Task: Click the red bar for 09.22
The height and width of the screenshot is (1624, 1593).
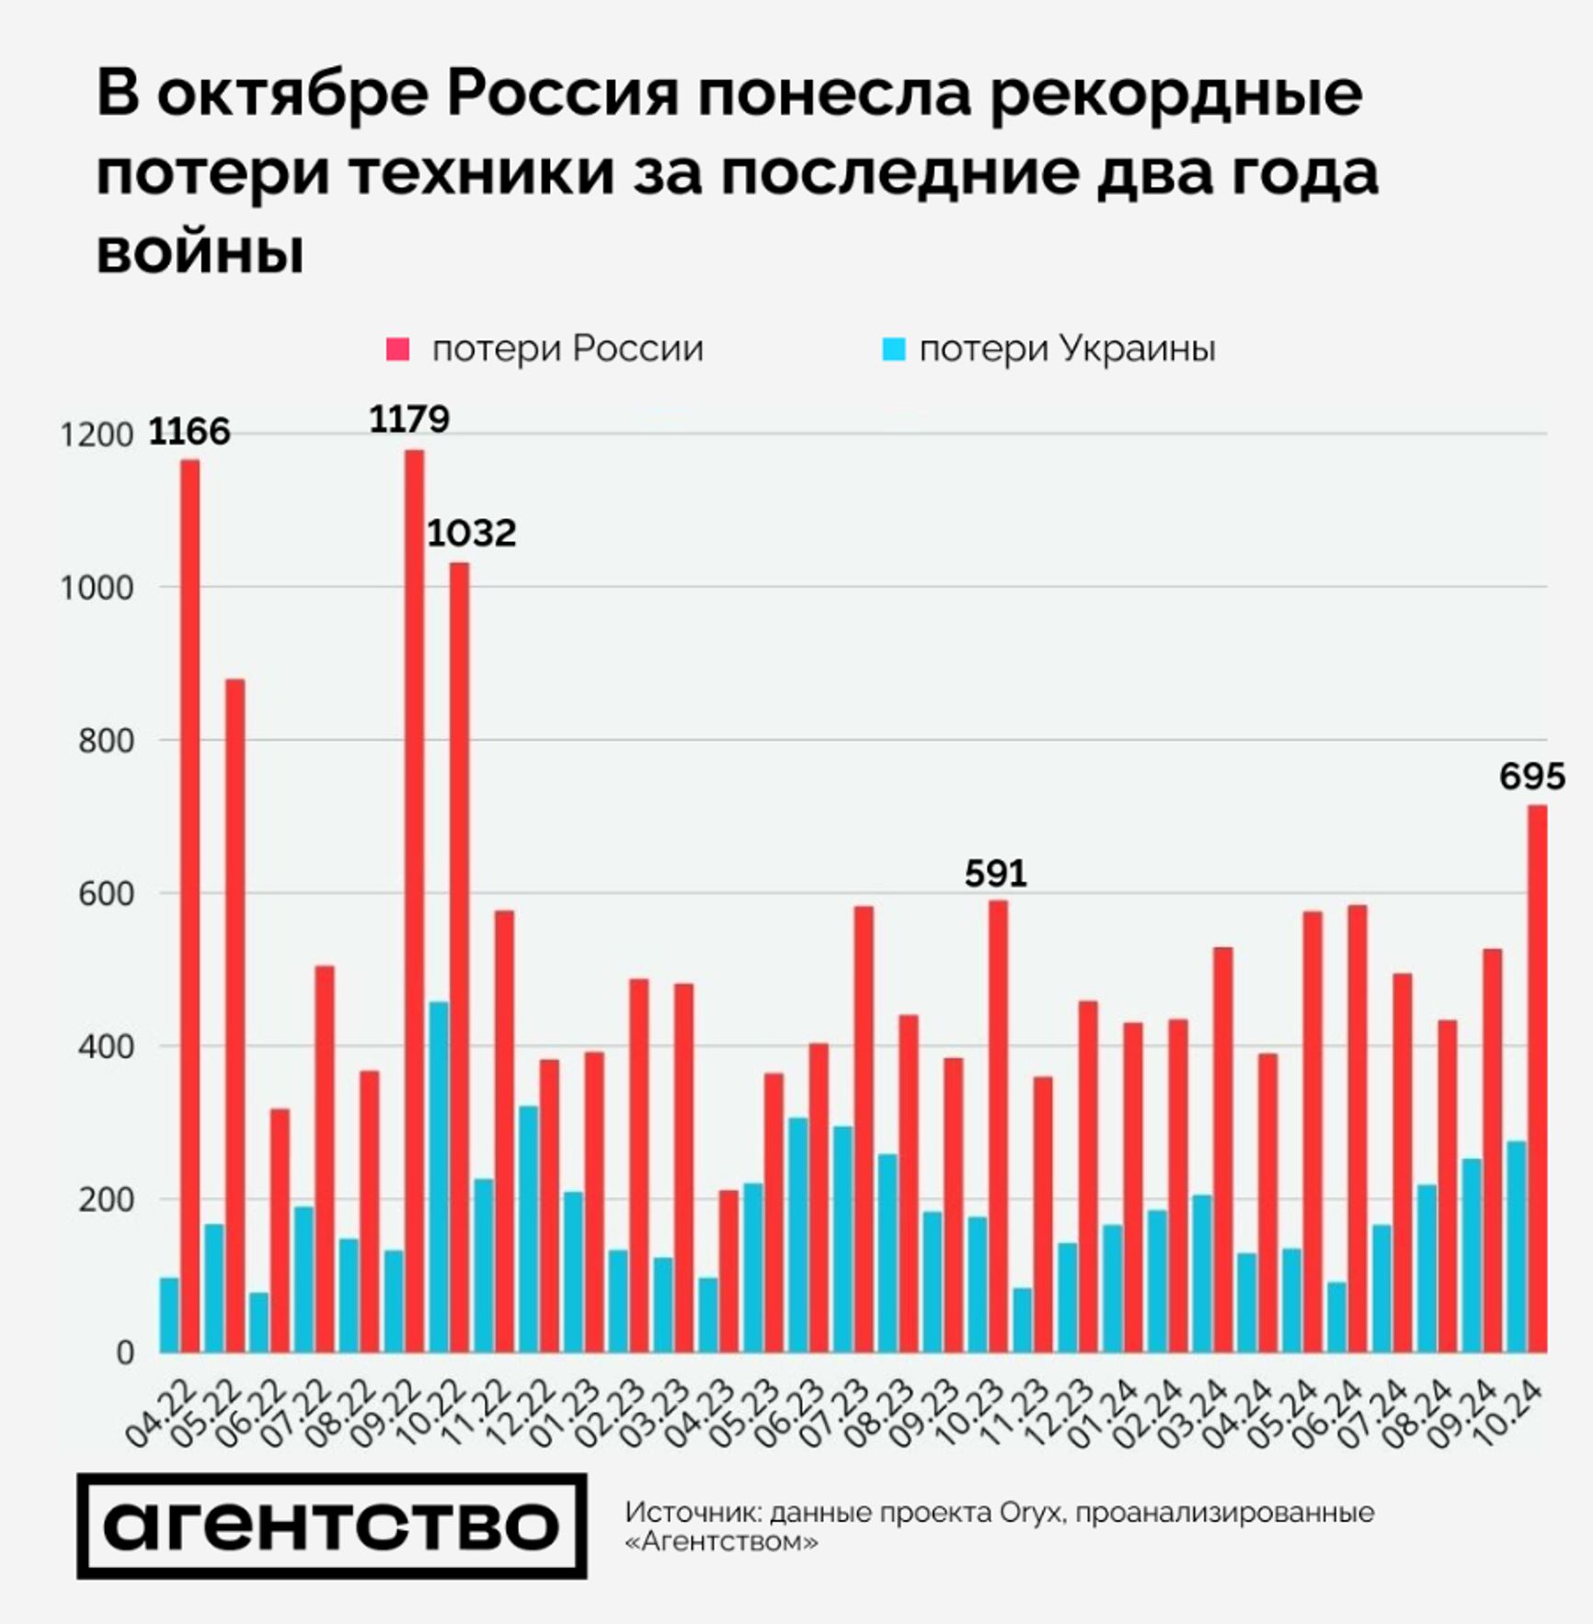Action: (415, 902)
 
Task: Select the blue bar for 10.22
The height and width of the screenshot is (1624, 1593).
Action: (439, 1177)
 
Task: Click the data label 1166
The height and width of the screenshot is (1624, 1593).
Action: (189, 432)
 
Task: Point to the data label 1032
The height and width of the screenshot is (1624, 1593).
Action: (472, 533)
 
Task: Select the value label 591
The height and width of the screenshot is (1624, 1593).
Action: (995, 872)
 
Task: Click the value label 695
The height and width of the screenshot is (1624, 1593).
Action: (1531, 777)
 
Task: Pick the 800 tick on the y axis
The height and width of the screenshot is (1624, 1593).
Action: (106, 741)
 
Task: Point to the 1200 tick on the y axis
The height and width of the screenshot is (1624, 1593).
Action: (97, 435)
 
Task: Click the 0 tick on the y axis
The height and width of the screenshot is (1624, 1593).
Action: (125, 1353)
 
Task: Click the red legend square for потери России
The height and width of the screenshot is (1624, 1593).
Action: (397, 350)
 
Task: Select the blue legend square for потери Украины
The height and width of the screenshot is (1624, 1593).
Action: (893, 350)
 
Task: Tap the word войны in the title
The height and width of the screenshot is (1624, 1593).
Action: (200, 251)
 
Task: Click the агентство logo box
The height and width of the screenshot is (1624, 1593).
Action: (331, 1526)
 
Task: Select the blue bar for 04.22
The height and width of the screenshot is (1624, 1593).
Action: (169, 1315)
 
